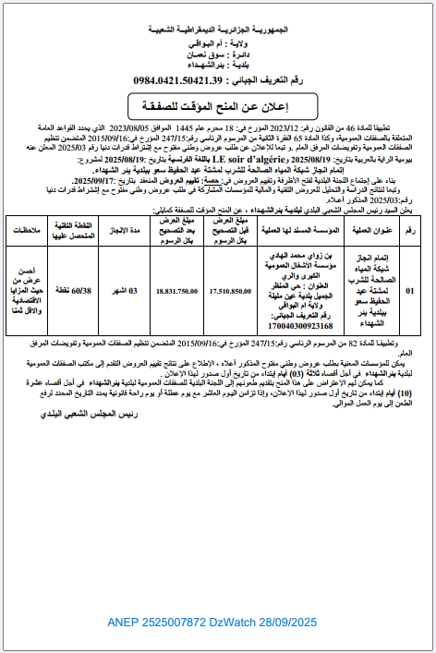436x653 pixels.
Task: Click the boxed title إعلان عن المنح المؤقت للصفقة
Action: [x=216, y=103]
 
